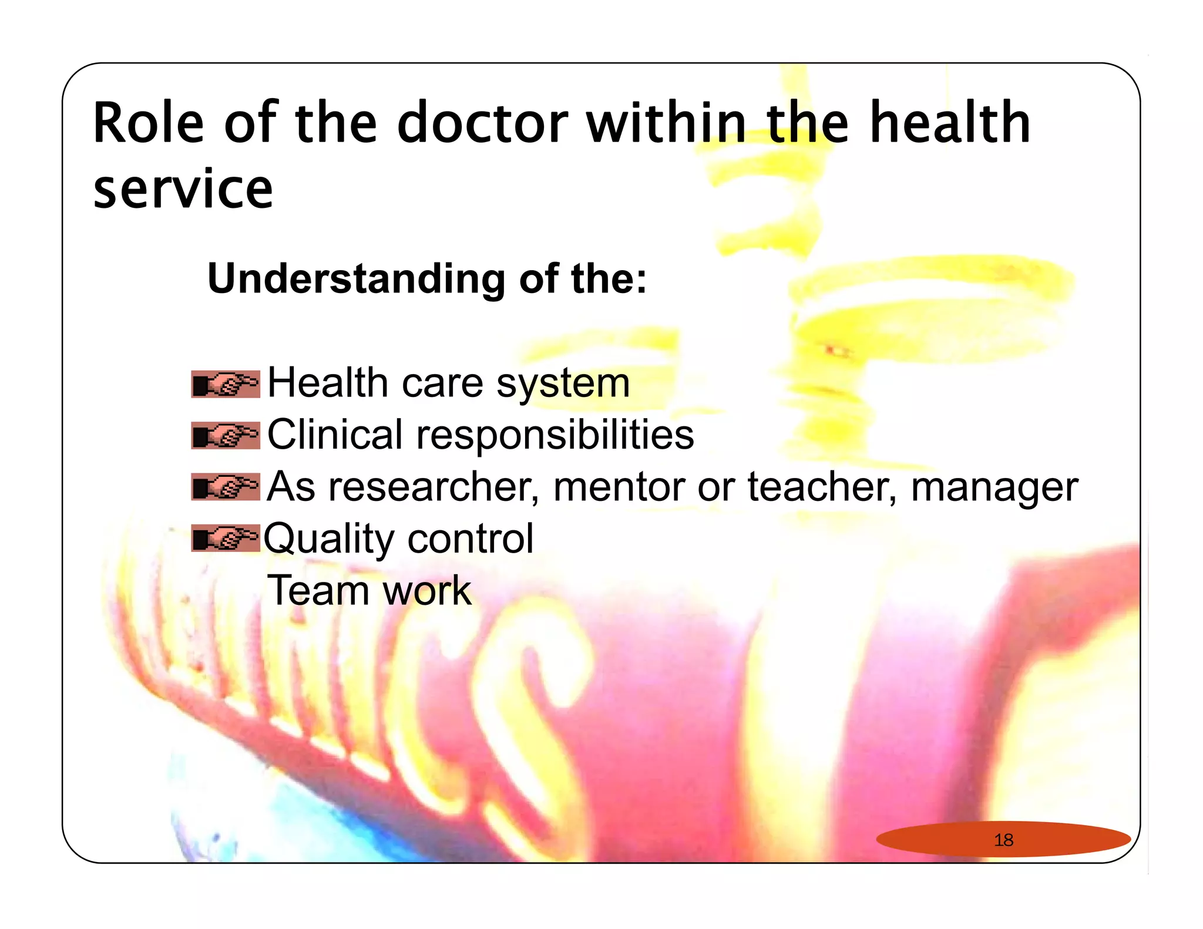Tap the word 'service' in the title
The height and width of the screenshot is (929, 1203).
click(x=183, y=189)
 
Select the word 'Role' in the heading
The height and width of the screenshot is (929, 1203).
click(x=149, y=123)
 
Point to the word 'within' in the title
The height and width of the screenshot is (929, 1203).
click(x=667, y=123)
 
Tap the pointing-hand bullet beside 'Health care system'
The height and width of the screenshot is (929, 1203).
click(x=226, y=384)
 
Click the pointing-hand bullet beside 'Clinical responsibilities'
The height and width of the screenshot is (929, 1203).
click(x=226, y=436)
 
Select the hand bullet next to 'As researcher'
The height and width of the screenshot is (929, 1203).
click(x=226, y=487)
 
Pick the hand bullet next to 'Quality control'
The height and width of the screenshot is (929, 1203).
click(x=226, y=538)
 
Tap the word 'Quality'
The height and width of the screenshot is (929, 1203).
click(x=330, y=539)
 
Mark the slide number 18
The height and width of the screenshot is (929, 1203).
click(x=1003, y=840)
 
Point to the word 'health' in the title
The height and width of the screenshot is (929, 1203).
click(x=950, y=123)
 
